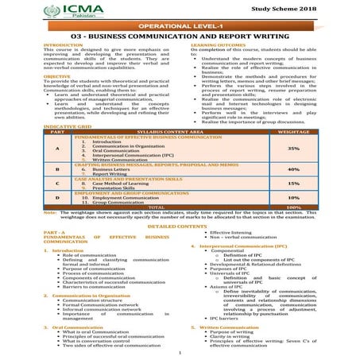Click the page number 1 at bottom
pyautogui.click(x=180, y=352)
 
